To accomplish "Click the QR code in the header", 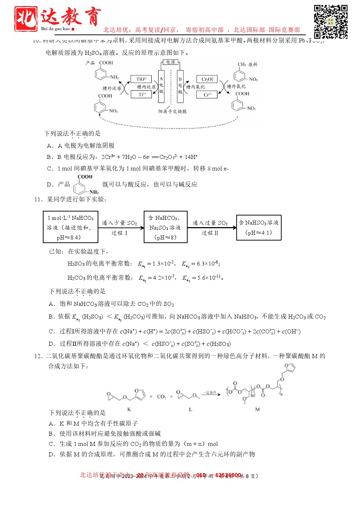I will click(331, 21).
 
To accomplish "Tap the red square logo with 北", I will click(26, 19).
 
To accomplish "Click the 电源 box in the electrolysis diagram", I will click(171, 62).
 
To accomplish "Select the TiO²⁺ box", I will click(141, 79).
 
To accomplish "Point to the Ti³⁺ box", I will click(142, 94).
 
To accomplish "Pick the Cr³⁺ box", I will click(207, 95).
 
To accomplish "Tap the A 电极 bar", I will click(161, 85).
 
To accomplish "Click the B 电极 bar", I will click(180, 86).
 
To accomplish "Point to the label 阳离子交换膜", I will click(172, 111).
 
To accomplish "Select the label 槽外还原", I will click(112, 88).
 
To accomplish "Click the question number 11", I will click(38, 199).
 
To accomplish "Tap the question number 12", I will click(38, 356).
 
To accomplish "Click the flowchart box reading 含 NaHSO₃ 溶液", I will click(259, 227).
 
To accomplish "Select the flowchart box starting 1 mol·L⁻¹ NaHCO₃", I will click(70, 227).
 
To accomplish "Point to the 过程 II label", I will click(210, 233).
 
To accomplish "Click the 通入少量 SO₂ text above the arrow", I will click(119, 223).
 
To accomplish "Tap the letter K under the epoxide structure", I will click(129, 409).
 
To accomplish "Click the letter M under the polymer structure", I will click(257, 409).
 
